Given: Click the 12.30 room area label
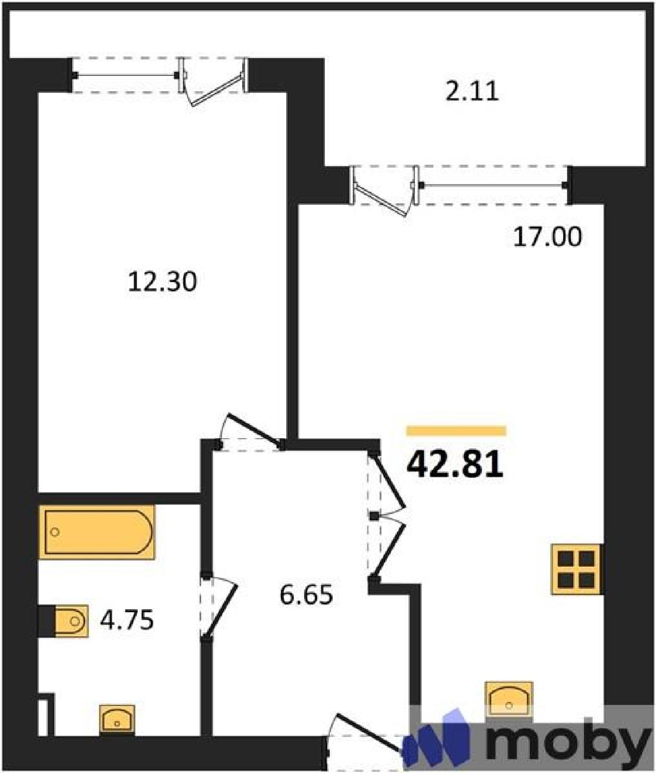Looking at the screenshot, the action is [162, 282].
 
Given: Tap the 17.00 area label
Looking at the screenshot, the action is [547, 237].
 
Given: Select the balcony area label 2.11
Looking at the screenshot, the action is [471, 91].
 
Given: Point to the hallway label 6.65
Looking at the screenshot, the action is [306, 595].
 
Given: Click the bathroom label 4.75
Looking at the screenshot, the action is [127, 620].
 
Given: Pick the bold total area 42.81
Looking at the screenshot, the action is [455, 464].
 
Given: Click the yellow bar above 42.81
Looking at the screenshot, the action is [456, 431].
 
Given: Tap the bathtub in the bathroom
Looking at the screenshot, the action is [97, 532].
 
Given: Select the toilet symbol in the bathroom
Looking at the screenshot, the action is [71, 621].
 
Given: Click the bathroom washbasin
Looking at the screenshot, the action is [117, 720].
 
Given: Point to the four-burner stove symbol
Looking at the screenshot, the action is [576, 569].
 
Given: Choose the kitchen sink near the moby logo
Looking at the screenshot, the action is [509, 700].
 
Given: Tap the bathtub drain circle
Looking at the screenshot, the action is [55, 532].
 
